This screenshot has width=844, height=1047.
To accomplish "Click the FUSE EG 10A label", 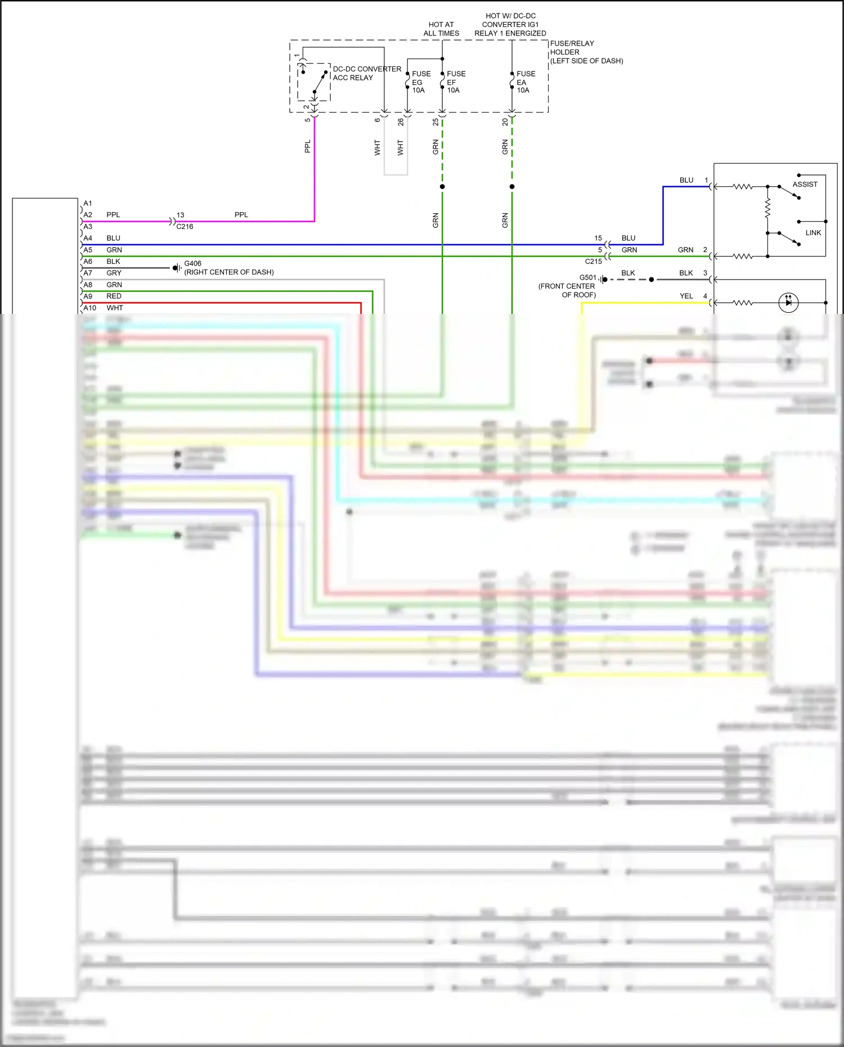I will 421,82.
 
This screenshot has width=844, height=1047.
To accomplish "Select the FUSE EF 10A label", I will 456,82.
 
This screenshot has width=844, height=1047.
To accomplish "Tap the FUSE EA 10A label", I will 526,82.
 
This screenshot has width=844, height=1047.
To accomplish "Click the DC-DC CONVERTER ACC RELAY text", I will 367,73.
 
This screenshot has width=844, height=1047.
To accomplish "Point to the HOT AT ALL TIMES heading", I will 441,29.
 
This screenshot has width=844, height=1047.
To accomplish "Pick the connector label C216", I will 185,227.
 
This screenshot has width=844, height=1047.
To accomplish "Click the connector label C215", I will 593,262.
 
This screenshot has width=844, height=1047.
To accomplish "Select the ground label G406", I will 192,263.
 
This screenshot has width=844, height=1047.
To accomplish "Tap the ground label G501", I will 587,277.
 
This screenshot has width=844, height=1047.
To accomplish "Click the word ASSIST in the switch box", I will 805,185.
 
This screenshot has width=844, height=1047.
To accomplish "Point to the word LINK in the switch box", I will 813,233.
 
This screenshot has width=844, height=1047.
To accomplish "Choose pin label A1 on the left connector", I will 88,203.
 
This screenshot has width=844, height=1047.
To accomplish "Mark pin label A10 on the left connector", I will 90,308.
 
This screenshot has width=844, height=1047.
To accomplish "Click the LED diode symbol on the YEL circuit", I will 788,303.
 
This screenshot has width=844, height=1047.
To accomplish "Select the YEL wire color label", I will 686,296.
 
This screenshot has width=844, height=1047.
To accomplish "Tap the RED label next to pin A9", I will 114,296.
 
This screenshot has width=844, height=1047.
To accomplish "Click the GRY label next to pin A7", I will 114,273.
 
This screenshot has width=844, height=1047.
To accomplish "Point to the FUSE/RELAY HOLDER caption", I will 586,52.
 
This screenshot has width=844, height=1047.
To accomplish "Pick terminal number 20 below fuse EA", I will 505,122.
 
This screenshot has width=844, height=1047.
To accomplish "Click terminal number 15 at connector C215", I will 598,238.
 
